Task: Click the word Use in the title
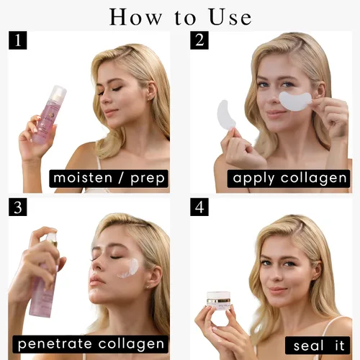230,17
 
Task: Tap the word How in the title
136,17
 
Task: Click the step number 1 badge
18,40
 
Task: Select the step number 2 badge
199,40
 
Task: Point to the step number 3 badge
18,207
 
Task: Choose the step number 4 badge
199,207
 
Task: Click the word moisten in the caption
83,178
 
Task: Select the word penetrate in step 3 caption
55,344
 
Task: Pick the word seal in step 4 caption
309,346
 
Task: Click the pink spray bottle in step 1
49,115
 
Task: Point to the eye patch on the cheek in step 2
295,101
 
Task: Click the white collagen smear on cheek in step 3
128,269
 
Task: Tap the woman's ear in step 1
152,91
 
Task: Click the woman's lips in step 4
277,291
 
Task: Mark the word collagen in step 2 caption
314,179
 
